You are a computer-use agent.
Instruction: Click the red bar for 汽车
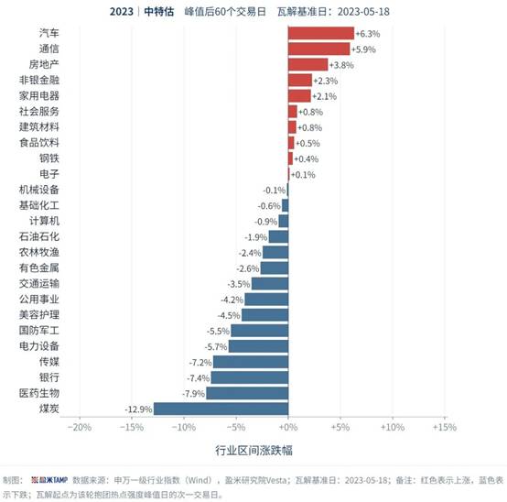click(321, 33)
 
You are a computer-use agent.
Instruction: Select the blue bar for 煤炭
click(221, 409)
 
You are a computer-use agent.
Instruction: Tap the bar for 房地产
click(307, 64)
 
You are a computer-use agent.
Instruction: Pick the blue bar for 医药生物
click(247, 393)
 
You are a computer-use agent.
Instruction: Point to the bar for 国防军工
click(260, 331)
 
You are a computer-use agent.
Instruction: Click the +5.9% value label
click(363, 49)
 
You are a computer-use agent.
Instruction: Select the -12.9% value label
click(138, 409)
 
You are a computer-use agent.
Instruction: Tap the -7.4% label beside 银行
click(199, 378)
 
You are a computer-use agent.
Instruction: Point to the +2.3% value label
click(326, 81)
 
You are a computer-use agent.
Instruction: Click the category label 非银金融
click(39, 80)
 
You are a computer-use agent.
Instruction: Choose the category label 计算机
click(44, 221)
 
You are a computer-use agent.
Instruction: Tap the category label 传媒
click(49, 362)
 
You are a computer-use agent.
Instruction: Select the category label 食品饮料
click(39, 142)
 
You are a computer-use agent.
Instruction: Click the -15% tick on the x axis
click(132, 427)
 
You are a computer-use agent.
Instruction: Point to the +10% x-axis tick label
click(393, 427)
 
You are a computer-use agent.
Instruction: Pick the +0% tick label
click(288, 427)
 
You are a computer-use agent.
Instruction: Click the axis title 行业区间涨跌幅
click(253, 450)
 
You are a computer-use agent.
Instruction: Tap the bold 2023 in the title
click(121, 12)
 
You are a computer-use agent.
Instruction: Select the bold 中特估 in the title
click(158, 12)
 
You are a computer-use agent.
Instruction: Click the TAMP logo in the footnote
click(49, 480)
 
